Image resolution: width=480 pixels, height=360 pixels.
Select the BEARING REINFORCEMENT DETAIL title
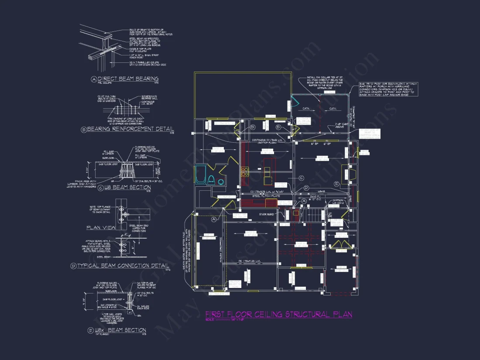[130, 130]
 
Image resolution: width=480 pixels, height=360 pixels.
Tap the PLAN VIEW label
[100, 227]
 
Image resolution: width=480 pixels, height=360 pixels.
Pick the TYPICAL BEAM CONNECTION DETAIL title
[123, 265]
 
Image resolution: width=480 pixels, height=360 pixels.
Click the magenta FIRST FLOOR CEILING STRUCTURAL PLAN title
[278, 314]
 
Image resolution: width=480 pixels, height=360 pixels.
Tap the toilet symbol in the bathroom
[211, 180]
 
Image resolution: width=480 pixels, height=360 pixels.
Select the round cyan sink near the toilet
[221, 182]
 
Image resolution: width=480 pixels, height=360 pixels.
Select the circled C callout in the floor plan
[301, 178]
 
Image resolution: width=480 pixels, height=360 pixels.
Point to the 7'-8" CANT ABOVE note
[341, 126]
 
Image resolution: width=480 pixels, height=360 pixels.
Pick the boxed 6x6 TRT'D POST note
[388, 89]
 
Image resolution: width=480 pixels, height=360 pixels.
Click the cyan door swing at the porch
[294, 104]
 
